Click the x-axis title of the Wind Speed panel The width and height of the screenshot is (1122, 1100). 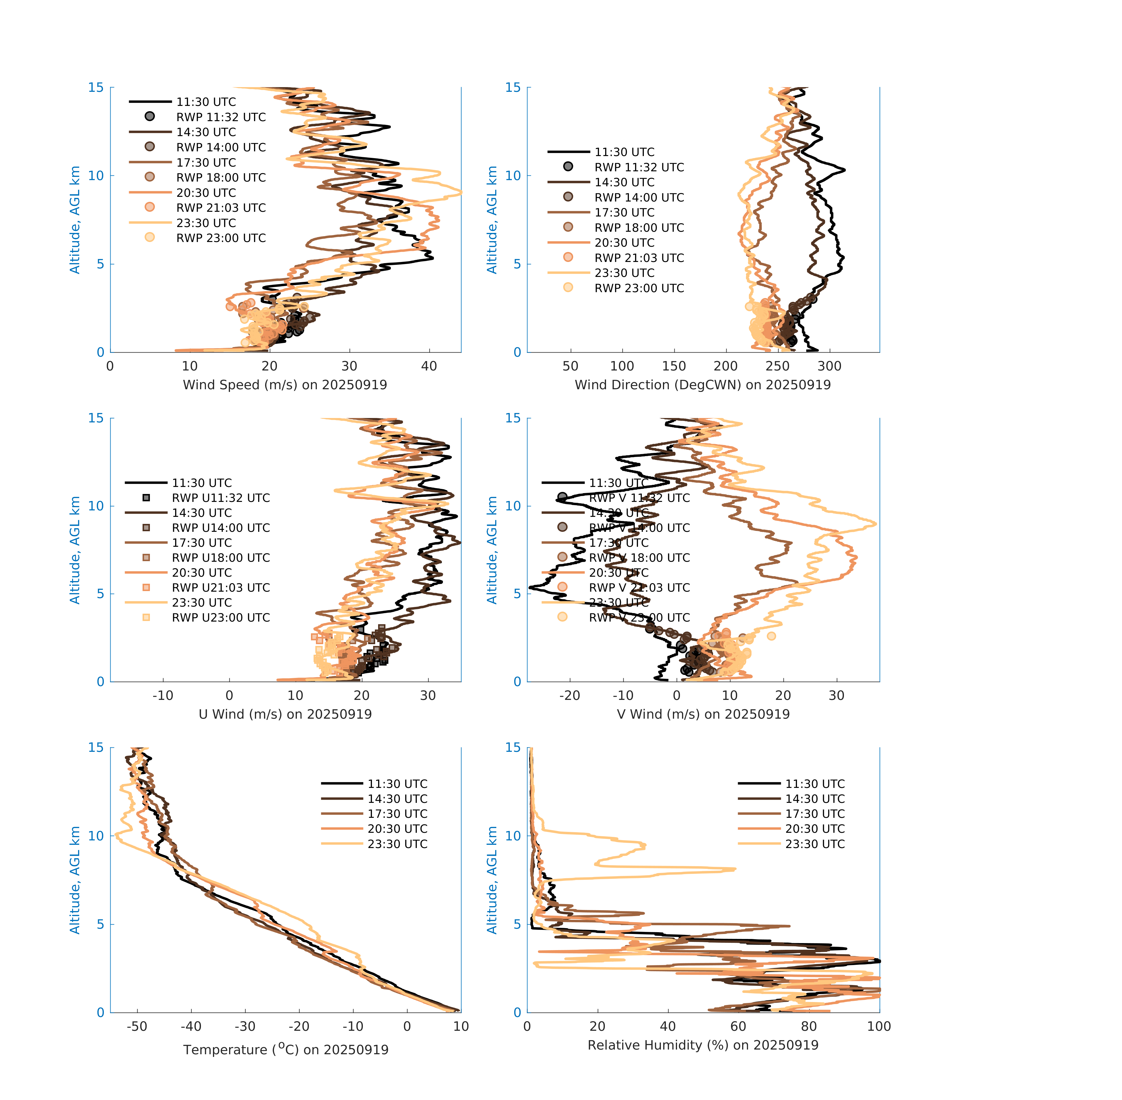tap(285, 385)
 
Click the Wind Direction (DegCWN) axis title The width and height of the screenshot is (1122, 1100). tap(703, 385)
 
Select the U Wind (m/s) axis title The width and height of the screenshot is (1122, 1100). tap(285, 714)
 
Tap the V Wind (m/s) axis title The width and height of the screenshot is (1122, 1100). tap(703, 714)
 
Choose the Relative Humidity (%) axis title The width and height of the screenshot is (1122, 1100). tap(703, 1045)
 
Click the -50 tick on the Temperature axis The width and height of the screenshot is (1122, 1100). tap(137, 1026)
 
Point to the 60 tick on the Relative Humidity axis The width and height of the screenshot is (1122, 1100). tap(738, 1026)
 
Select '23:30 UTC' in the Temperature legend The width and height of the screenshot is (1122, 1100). tap(397, 844)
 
